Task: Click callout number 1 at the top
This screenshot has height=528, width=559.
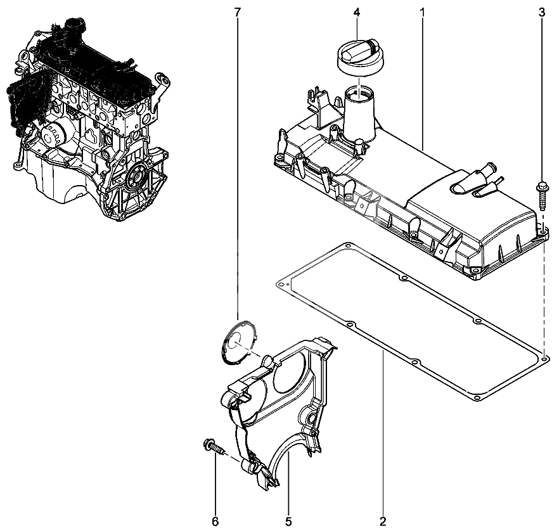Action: [x=423, y=13]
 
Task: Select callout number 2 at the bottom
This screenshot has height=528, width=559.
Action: [x=383, y=522]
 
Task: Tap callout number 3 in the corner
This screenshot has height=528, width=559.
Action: [x=541, y=13]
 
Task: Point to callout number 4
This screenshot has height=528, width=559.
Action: [x=357, y=13]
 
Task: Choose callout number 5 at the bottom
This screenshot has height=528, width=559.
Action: [x=288, y=522]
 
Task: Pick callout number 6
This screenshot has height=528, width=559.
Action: [x=215, y=522]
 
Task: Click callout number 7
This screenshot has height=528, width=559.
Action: [x=238, y=13]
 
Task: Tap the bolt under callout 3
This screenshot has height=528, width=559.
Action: [x=541, y=196]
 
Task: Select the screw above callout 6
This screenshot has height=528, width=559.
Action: [x=215, y=447]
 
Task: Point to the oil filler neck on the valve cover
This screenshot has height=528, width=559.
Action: [x=359, y=113]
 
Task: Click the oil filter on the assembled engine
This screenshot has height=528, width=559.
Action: [x=52, y=133]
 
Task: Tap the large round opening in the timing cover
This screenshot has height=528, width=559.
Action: [x=290, y=371]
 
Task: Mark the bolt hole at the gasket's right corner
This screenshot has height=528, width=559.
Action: [x=544, y=357]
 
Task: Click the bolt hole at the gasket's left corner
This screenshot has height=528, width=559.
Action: [x=281, y=285]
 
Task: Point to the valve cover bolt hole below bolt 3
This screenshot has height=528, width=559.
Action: [x=543, y=233]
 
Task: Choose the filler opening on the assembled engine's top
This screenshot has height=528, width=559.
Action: [x=75, y=25]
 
